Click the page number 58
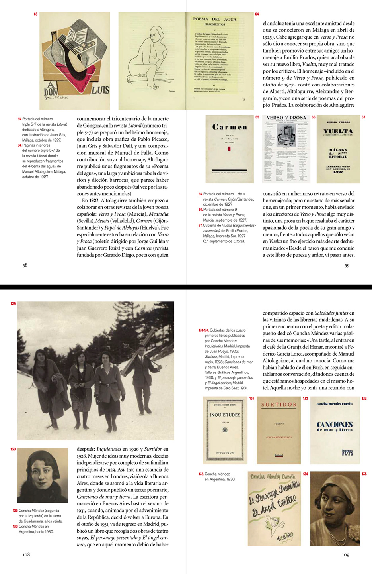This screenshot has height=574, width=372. click(x=25, y=265)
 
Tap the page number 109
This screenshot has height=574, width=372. click(x=345, y=554)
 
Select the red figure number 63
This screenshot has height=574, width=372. click(x=36, y=14)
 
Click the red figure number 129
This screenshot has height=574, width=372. click(x=13, y=304)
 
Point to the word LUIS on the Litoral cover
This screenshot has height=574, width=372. click(x=100, y=90)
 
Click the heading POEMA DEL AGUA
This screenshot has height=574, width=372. click(x=214, y=19)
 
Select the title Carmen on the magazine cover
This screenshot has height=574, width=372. click(x=230, y=127)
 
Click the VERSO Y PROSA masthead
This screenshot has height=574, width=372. click(x=286, y=118)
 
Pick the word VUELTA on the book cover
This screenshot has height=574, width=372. click(x=338, y=131)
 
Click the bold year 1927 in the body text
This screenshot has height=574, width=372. click(x=93, y=201)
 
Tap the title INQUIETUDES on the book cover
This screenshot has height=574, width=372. click(x=225, y=415)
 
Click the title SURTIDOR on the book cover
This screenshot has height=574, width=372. click(x=279, y=404)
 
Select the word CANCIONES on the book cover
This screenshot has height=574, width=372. click(x=335, y=424)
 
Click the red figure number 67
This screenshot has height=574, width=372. click(x=363, y=117)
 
